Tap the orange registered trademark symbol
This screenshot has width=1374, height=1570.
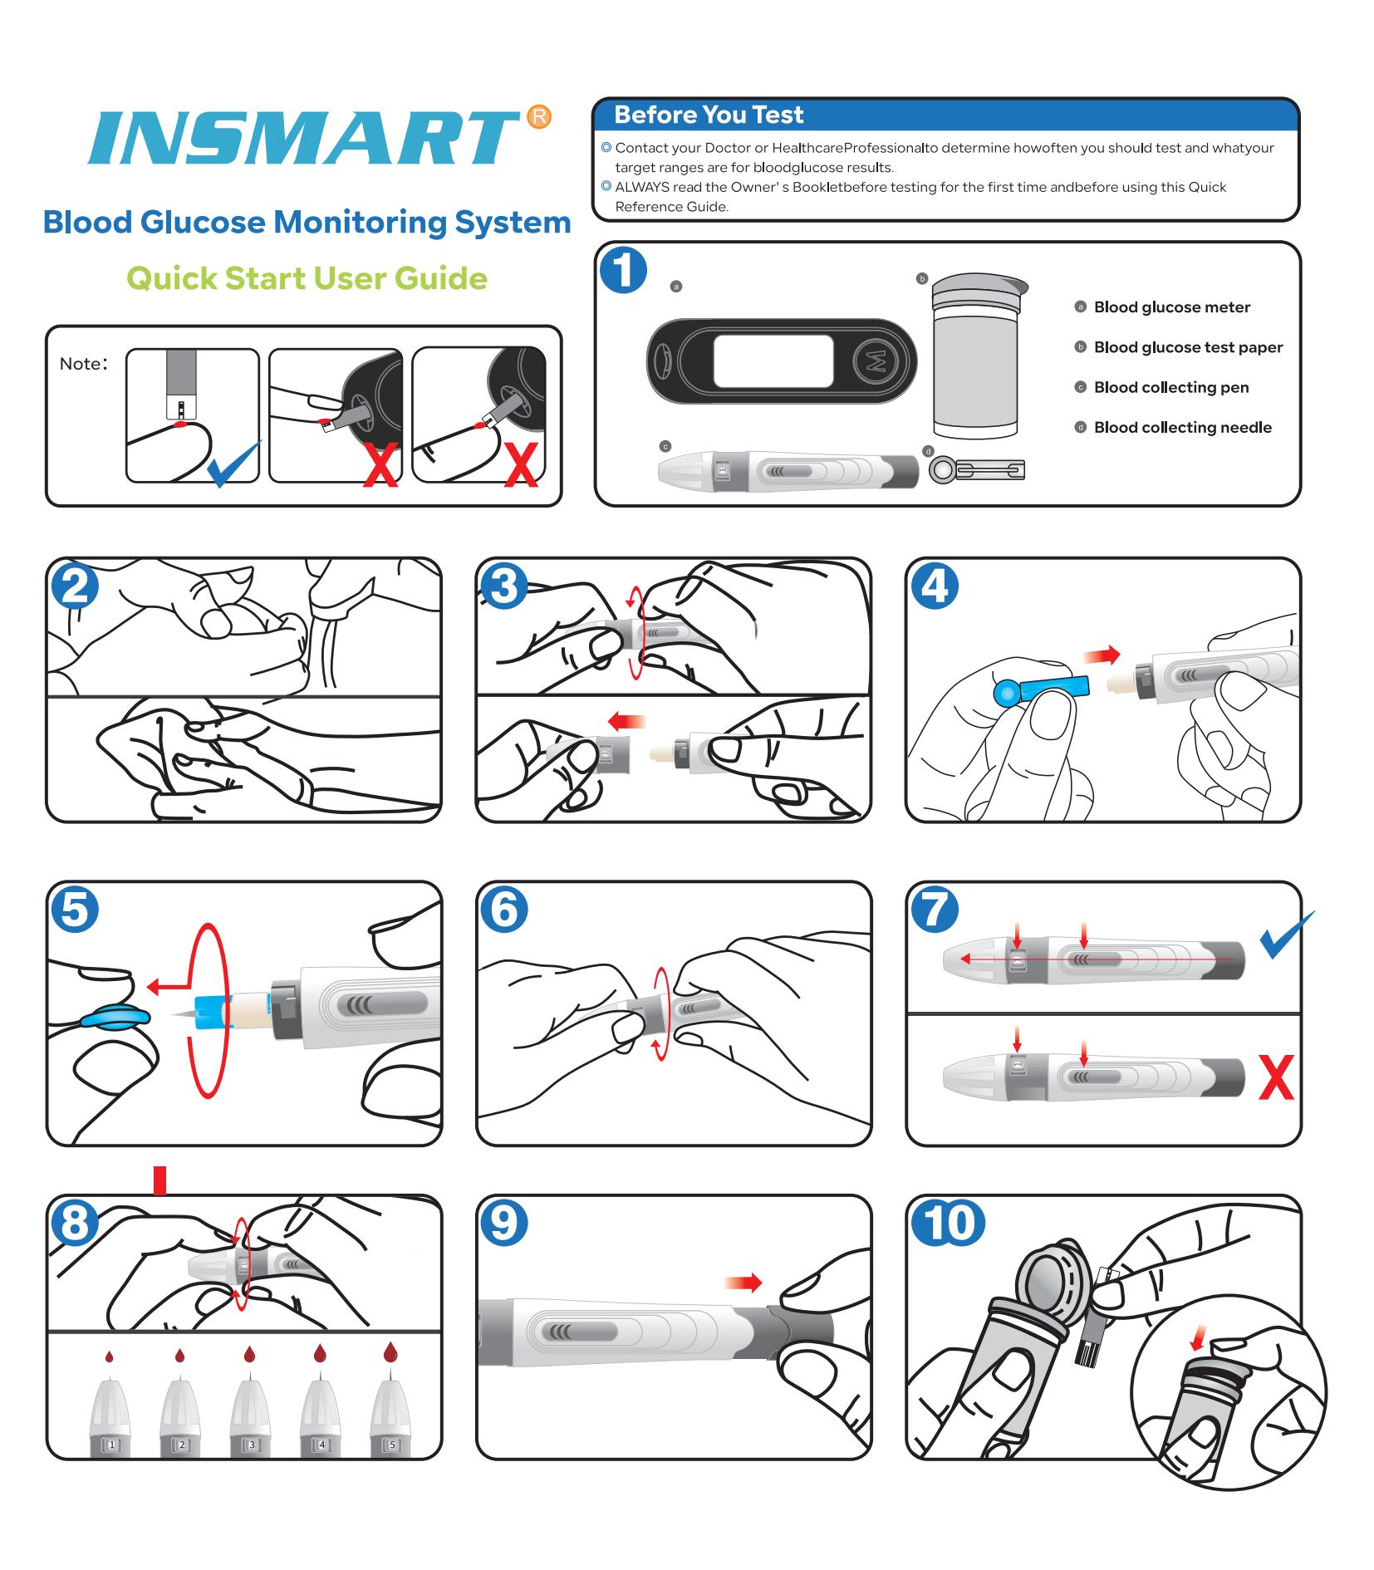pyautogui.click(x=539, y=117)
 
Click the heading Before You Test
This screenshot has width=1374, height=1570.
pyautogui.click(x=708, y=115)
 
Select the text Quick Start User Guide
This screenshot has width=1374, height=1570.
pyautogui.click(x=307, y=278)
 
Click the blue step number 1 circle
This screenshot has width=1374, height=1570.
pyautogui.click(x=622, y=271)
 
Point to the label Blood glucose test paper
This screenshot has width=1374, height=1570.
pyautogui.click(x=1187, y=347)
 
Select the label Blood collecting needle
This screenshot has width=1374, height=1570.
pyautogui.click(x=1182, y=428)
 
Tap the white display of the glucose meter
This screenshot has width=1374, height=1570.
pyautogui.click(x=773, y=361)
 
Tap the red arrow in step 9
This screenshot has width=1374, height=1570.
pyautogui.click(x=743, y=1283)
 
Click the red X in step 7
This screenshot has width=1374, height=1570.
pyautogui.click(x=1275, y=1078)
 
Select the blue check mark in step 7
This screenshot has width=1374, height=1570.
pyautogui.click(x=1285, y=935)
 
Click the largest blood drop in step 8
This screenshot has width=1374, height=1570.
pyautogui.click(x=390, y=1351)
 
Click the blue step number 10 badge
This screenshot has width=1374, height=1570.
pyautogui.click(x=948, y=1223)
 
